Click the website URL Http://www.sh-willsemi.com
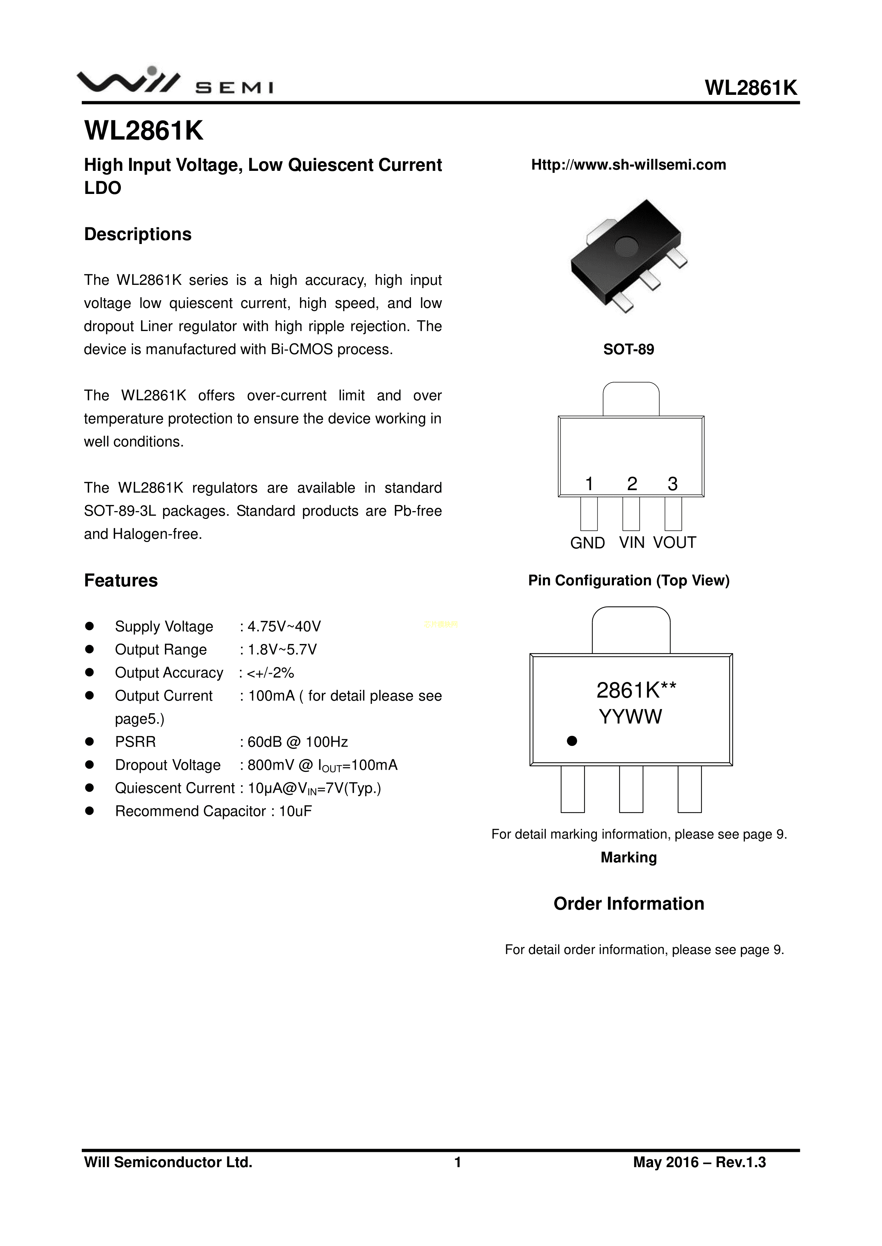[x=629, y=164]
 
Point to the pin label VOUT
[x=674, y=543]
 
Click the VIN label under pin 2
[x=632, y=543]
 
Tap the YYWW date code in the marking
[x=631, y=717]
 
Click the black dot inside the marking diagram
[x=572, y=741]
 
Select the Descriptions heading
[x=138, y=234]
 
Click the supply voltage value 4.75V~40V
[x=284, y=627]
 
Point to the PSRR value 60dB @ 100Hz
[x=298, y=742]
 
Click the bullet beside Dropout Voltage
[x=90, y=765]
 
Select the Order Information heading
[x=629, y=904]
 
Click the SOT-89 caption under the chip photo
[x=629, y=350]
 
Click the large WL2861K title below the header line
[x=144, y=131]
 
